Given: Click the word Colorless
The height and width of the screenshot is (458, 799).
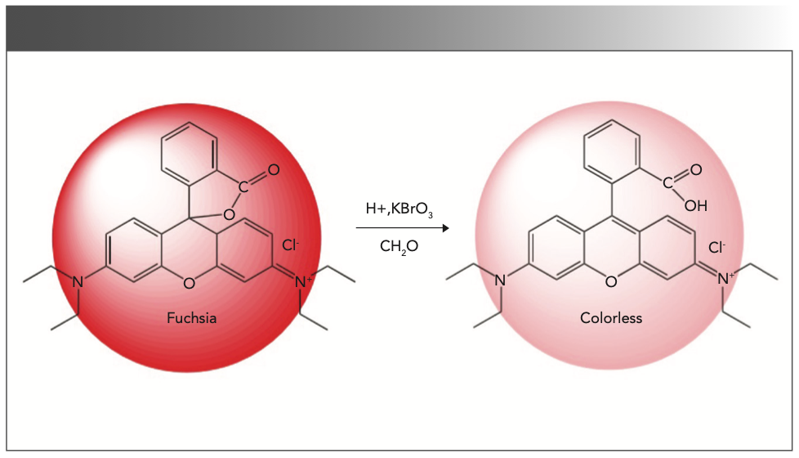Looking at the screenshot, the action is click(611, 318).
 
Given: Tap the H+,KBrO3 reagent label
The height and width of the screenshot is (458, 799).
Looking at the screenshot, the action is click(399, 210).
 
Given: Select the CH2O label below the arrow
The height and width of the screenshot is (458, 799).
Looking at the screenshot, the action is click(399, 245).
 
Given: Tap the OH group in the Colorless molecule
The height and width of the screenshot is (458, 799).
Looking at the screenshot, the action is click(695, 206).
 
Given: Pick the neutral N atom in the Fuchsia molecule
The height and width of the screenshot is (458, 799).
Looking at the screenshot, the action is click(78, 282).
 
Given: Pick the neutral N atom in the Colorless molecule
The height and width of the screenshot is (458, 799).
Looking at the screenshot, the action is click(502, 281).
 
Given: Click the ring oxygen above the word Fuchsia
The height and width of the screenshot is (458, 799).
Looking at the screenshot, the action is click(190, 283).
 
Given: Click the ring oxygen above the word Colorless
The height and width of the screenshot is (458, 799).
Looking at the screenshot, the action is click(612, 282).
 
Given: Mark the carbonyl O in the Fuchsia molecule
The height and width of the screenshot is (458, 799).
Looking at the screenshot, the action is click(273, 170).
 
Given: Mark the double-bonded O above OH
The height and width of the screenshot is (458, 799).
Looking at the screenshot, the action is click(695, 170).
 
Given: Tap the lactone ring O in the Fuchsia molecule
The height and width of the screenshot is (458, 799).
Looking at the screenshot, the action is click(230, 214).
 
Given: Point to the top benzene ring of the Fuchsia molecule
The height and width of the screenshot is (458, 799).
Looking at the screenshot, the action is click(188, 152).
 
